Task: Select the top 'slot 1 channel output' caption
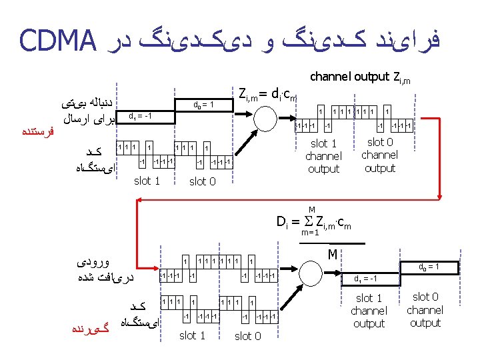click(323, 156)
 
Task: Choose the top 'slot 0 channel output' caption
click(380, 155)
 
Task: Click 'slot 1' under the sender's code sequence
click(147, 181)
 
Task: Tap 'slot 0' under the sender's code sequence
click(202, 181)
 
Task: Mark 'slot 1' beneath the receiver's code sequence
click(193, 335)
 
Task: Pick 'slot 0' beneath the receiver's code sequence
click(247, 336)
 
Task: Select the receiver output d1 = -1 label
click(367, 279)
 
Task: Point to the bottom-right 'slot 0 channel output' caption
click(425, 310)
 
